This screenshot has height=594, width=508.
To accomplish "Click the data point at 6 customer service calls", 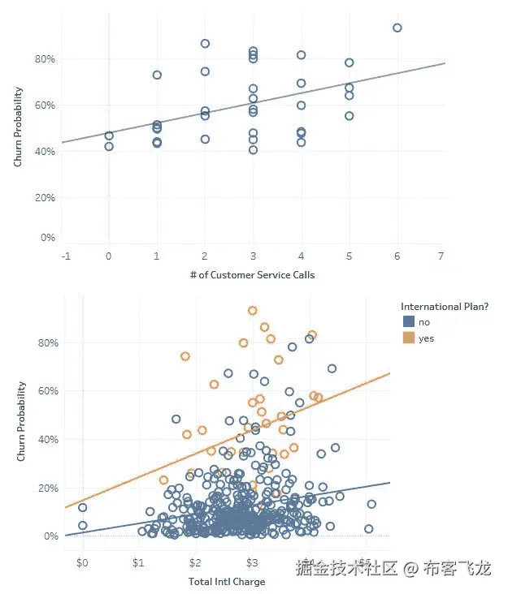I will [397, 28].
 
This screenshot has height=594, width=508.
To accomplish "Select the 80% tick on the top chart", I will [44, 59].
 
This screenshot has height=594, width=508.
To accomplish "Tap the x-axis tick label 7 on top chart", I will [440, 256].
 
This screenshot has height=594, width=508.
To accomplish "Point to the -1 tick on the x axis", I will [65, 256].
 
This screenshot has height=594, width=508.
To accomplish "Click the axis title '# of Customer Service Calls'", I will [252, 274].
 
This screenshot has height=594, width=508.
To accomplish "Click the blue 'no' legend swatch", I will [408, 322].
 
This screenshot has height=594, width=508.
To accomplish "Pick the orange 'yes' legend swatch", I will [408, 338].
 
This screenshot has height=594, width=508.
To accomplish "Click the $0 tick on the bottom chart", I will [82, 563].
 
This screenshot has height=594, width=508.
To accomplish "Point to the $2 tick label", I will [195, 563].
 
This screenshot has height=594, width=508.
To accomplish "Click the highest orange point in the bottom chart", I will [252, 311].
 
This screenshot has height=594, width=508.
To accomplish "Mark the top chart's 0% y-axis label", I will [48, 238].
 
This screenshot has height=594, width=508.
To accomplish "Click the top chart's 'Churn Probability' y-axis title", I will [18, 127].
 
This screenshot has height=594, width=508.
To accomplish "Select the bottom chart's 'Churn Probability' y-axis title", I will [21, 422].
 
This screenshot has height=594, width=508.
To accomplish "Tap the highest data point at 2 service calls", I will [205, 44].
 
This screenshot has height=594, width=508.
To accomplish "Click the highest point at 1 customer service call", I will [157, 75].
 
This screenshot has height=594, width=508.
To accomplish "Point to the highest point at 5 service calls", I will [349, 62].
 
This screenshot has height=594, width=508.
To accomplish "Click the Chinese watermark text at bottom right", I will [393, 567].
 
